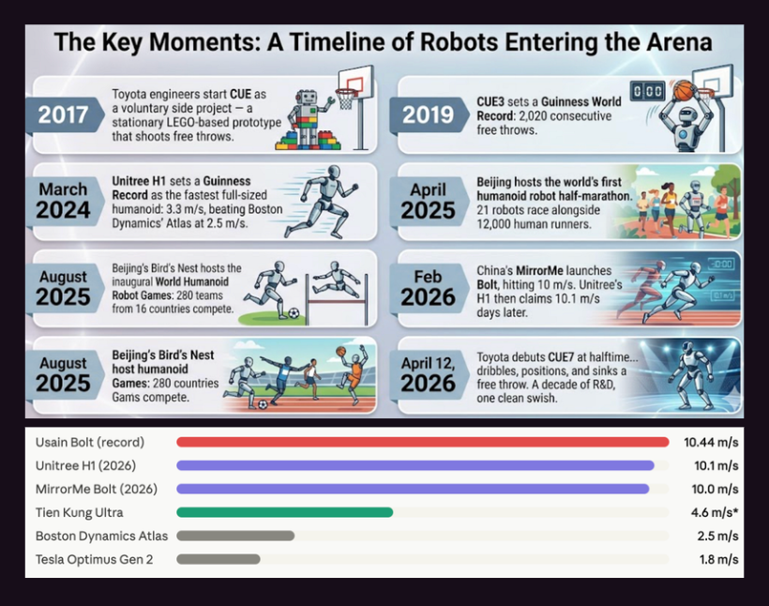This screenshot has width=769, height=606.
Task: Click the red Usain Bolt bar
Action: click(423, 442)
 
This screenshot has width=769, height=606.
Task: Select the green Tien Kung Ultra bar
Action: click(285, 512)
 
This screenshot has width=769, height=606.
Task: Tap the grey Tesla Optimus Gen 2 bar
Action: click(219, 559)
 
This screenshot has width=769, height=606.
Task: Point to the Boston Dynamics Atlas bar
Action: click(235, 536)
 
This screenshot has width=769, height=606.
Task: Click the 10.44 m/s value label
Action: click(711, 443)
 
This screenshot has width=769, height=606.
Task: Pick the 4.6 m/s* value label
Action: click(715, 513)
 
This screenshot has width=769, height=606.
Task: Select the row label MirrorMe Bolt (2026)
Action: click(96, 490)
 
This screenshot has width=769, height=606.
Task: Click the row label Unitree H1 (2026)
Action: click(85, 465)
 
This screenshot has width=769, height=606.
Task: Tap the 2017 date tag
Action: click(63, 114)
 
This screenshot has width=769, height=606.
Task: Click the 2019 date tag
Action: click(429, 114)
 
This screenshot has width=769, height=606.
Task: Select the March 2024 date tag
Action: click(63, 200)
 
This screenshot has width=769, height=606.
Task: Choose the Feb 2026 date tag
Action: click(429, 288)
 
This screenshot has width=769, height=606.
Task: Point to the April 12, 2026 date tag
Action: click(429, 374)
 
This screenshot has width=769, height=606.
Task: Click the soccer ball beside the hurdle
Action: click(294, 313)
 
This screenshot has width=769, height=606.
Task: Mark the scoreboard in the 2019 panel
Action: click(647, 91)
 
